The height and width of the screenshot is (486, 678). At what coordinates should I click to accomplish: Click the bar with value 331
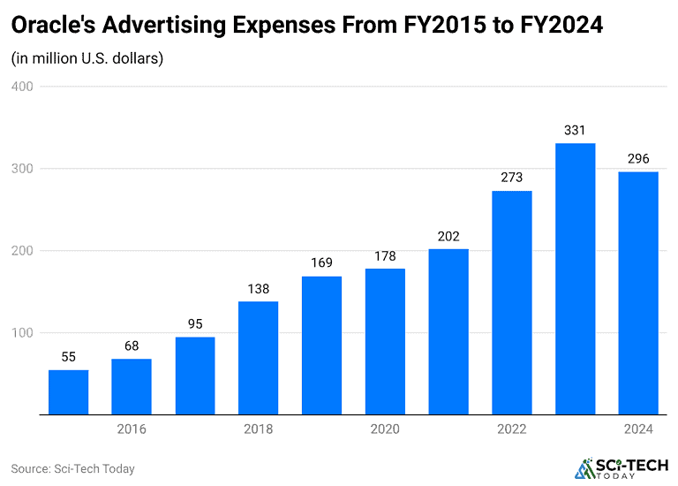pos(575,278)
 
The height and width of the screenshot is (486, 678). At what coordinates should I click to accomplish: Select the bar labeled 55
pos(68,391)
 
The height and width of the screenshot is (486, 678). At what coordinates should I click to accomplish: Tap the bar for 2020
pos(385,341)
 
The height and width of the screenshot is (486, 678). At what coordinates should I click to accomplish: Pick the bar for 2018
pos(258,358)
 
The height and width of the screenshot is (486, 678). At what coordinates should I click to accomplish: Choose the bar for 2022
pos(511,302)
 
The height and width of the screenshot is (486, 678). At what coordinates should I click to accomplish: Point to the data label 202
pos(448,236)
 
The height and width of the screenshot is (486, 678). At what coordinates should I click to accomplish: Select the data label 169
pos(321,263)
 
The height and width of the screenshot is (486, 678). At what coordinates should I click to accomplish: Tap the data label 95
pos(195,324)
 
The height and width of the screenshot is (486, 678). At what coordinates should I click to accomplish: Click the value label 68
pos(132,346)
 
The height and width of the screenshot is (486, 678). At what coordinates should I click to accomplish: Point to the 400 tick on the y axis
pos(22,87)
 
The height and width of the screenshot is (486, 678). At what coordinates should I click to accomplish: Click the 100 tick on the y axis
pos(22,333)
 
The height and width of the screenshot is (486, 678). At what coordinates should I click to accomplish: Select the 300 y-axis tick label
pos(22,169)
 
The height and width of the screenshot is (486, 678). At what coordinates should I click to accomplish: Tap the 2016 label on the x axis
pos(132,429)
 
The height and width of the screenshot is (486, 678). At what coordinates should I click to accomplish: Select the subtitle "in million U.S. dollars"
pos(87,59)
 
